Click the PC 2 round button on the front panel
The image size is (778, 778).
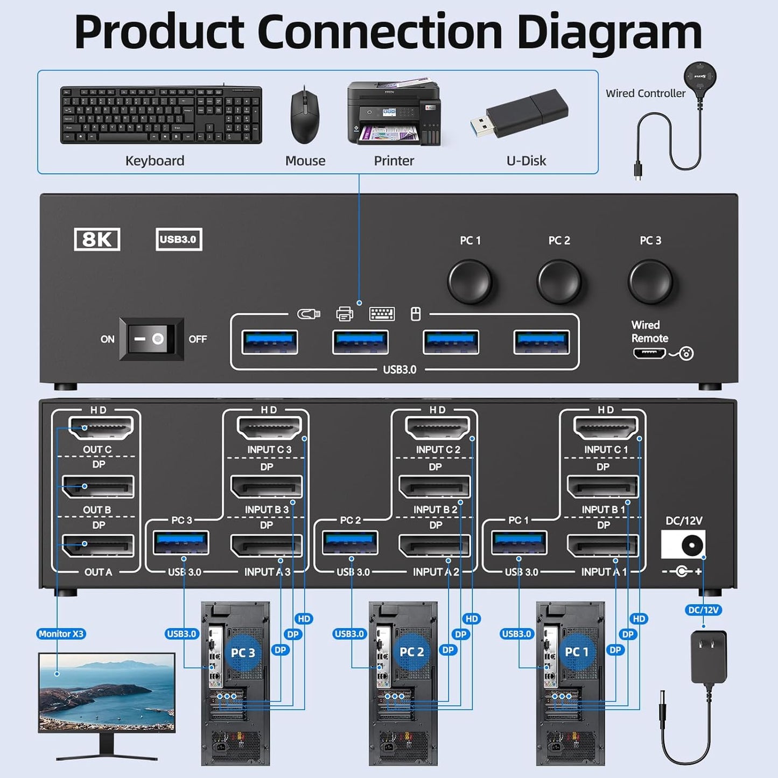tap(559, 282)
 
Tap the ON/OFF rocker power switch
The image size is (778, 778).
tap(151, 339)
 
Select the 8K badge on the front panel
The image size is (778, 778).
tap(97, 240)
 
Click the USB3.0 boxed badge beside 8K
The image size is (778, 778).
tap(179, 240)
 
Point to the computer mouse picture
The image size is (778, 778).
tap(305, 117)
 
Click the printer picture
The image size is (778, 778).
tap(394, 114)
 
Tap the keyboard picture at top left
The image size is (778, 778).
tap(160, 115)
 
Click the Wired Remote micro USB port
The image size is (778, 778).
tap(649, 354)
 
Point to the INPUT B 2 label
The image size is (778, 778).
tap(435, 509)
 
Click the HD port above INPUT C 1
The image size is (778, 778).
tap(606, 429)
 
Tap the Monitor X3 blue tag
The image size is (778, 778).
tap(61, 634)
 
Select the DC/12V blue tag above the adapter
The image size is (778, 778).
tap(703, 610)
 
